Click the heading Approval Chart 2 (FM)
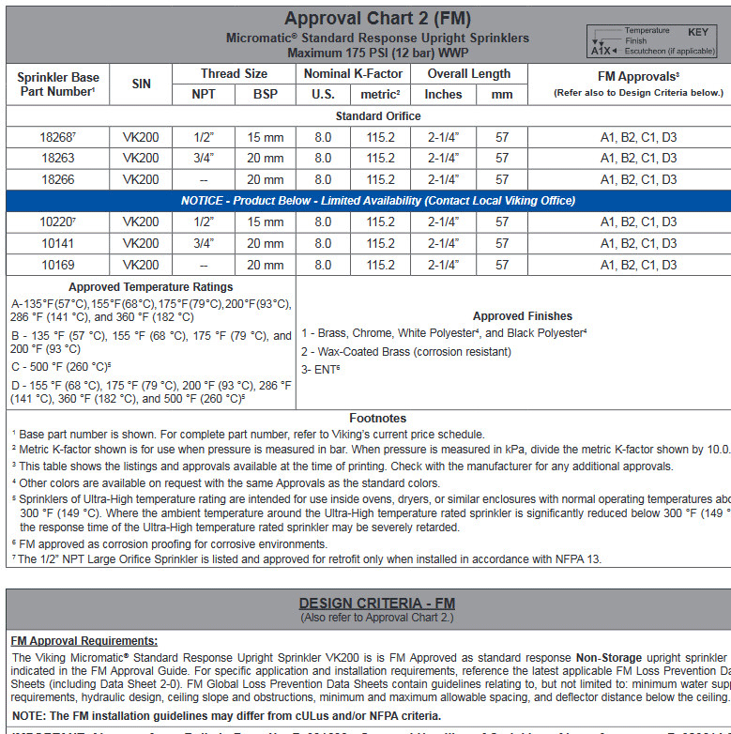click(x=377, y=19)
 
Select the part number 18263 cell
click(x=57, y=158)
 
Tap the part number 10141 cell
click(x=57, y=243)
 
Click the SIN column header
click(x=141, y=84)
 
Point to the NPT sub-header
click(x=203, y=94)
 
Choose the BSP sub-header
click(x=265, y=94)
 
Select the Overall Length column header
click(x=468, y=73)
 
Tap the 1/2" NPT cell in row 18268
click(x=203, y=137)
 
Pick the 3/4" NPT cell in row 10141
click(x=203, y=243)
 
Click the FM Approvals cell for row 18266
click(x=638, y=179)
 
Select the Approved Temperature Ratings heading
click(x=150, y=287)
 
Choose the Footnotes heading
click(x=377, y=419)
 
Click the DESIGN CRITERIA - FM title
click(x=376, y=604)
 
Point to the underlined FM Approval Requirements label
click(x=84, y=640)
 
